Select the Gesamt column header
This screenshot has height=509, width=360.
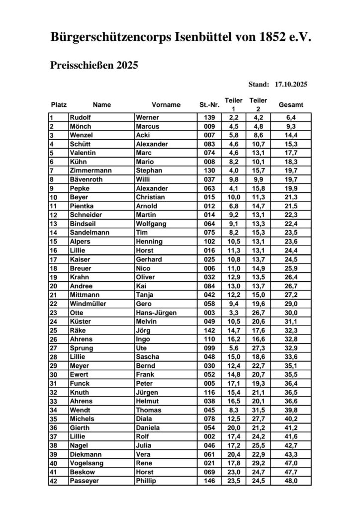[x=291, y=105]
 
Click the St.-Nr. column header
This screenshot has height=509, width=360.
[x=209, y=105]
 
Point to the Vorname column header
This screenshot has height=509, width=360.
[x=166, y=105]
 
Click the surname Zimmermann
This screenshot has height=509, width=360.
[x=91, y=170]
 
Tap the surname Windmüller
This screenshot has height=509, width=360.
[x=88, y=304]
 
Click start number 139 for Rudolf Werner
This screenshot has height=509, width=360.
[x=209, y=118]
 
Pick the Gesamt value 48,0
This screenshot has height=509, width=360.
[x=291, y=481]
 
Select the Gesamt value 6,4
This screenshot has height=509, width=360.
[x=291, y=118]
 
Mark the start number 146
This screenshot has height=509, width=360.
[x=209, y=481]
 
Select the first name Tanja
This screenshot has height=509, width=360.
[x=145, y=295]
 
